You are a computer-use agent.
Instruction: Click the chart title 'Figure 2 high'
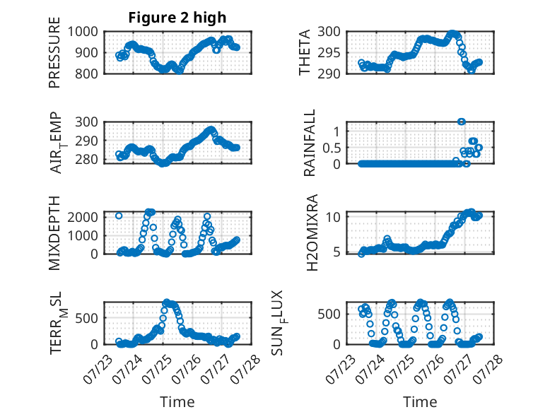[177, 18]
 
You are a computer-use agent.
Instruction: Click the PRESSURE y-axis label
[54, 52]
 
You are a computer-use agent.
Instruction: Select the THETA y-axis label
[305, 52]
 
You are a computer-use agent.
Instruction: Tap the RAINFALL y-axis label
[310, 143]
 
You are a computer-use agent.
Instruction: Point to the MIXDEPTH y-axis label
[54, 233]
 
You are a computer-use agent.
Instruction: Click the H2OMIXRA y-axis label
[312, 233]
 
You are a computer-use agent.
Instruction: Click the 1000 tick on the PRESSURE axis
[83, 32]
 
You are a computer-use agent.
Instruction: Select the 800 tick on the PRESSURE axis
[86, 73]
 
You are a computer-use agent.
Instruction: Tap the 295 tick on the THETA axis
[329, 53]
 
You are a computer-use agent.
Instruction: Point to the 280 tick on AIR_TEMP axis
[86, 159]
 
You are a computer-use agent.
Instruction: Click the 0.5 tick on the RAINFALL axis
[332, 148]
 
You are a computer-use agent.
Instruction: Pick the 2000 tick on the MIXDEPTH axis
[83, 217]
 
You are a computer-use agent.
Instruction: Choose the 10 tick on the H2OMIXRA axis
[333, 217]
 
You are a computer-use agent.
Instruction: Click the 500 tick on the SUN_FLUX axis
[329, 314]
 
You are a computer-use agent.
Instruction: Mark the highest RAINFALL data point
[462, 122]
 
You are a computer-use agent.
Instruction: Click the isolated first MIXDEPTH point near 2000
[119, 216]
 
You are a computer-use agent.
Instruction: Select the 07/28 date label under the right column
[488, 369]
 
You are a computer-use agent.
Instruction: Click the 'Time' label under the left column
[177, 401]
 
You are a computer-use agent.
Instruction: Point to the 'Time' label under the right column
[420, 401]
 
